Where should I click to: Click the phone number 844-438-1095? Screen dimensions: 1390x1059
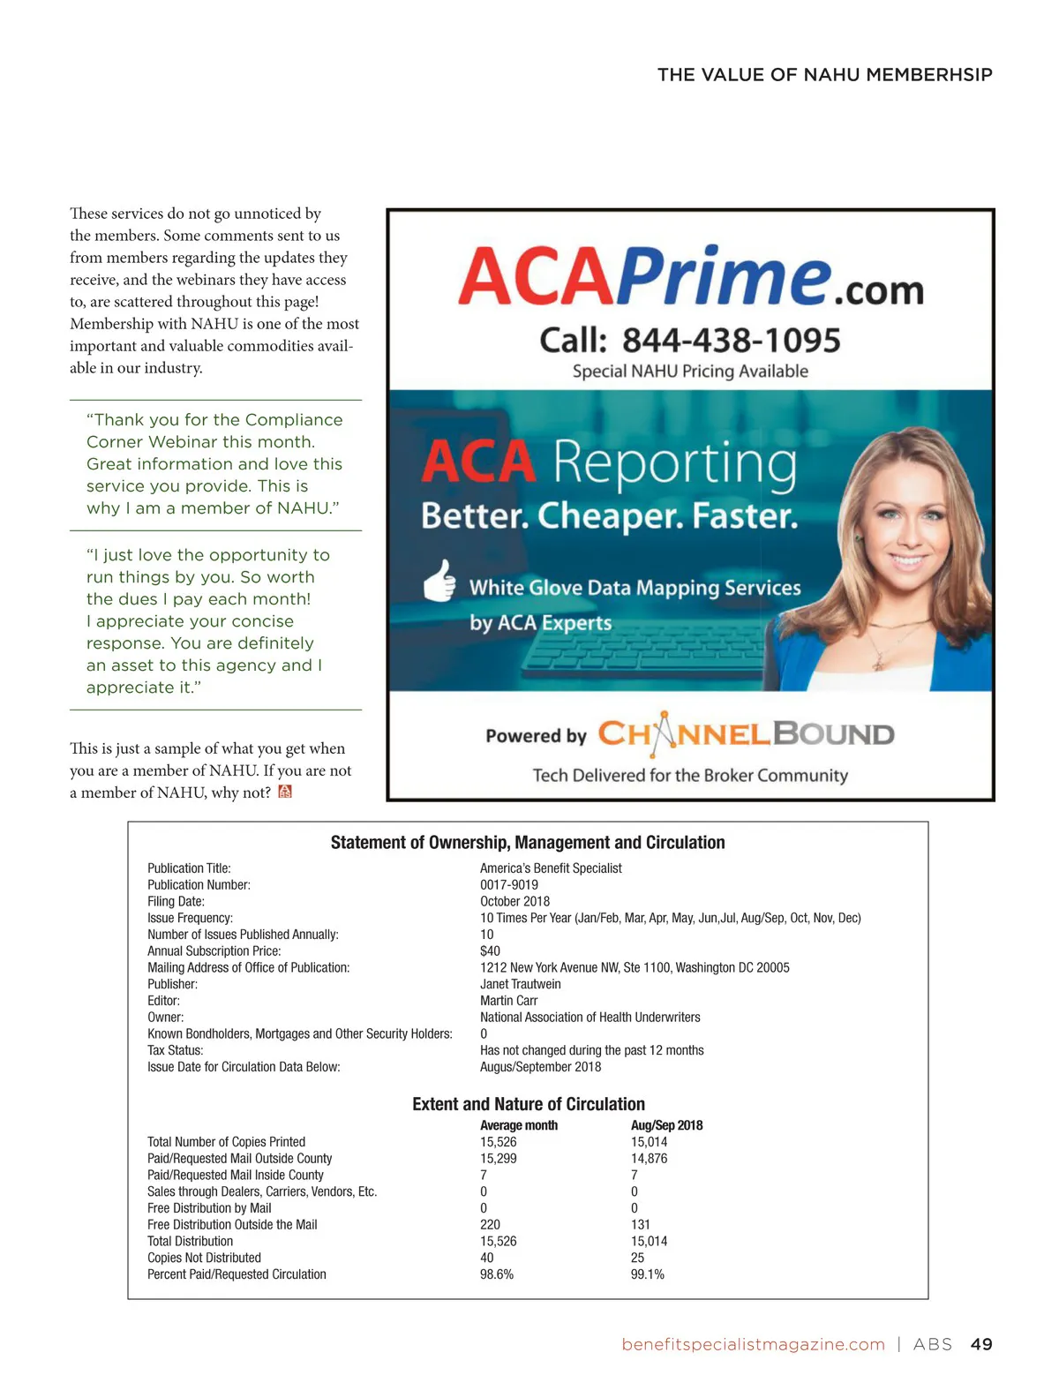[x=731, y=341]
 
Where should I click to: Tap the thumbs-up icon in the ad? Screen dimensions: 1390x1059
[x=439, y=581]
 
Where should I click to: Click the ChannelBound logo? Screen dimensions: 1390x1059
[x=746, y=734]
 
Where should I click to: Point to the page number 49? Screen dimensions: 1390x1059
[x=981, y=1344]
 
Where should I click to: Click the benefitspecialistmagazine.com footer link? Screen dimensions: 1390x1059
[x=753, y=1344]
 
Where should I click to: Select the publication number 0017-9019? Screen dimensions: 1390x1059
[x=509, y=884]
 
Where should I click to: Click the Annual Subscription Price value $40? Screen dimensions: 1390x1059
[x=490, y=950]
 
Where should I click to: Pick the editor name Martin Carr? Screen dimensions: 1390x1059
[x=508, y=1000]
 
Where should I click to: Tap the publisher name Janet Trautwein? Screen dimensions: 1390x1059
[x=520, y=984]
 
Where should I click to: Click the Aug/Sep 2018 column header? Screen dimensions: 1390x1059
[x=666, y=1125]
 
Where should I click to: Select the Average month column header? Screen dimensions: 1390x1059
[x=518, y=1125]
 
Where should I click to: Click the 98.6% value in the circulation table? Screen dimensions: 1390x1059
[x=496, y=1274]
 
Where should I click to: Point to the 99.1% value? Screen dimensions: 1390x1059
[x=647, y=1274]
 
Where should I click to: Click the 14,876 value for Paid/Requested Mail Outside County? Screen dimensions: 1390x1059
[x=649, y=1158]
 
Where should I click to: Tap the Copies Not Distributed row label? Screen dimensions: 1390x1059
[x=204, y=1258]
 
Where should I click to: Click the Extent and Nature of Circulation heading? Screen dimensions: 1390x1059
[x=528, y=1104]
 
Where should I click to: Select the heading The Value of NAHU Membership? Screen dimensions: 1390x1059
[x=824, y=75]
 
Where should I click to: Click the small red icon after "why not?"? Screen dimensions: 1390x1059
[x=285, y=792]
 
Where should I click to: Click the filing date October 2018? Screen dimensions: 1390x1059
[x=514, y=901]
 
